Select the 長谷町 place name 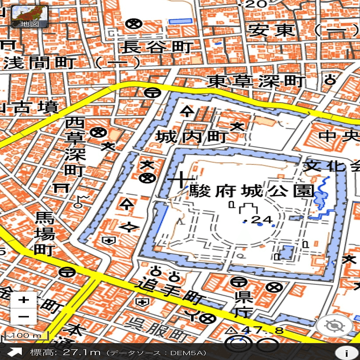click(156, 47)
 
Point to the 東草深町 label click(256, 81)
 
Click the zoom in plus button click(24, 300)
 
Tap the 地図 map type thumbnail click(29, 17)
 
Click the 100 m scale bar click(25, 336)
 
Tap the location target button click(334, 326)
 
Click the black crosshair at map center click(180, 180)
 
